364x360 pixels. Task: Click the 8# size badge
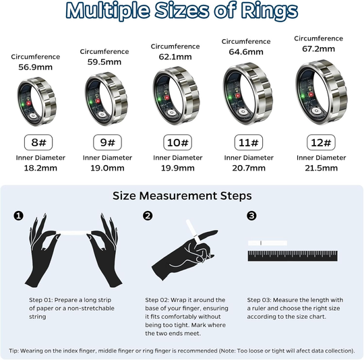click(x=34, y=143)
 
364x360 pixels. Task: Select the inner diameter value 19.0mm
click(x=104, y=169)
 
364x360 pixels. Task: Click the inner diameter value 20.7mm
click(x=249, y=169)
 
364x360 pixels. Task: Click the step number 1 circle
click(x=19, y=216)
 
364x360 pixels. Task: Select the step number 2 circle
click(x=148, y=216)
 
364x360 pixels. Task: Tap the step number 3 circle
click(x=251, y=216)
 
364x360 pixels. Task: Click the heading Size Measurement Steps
click(x=181, y=196)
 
